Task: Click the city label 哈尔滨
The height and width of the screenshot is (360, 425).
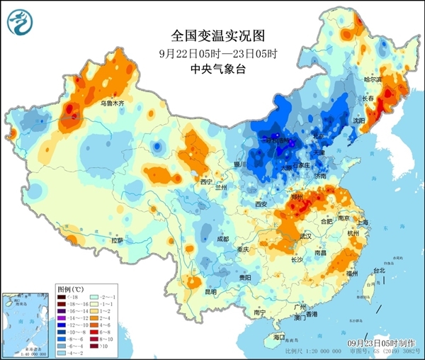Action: tap(373, 80)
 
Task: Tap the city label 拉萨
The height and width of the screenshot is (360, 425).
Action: tap(117, 240)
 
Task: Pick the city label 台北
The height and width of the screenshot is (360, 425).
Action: tap(379, 270)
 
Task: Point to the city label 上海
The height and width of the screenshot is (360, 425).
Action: tap(363, 222)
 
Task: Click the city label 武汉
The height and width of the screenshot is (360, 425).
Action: tap(306, 235)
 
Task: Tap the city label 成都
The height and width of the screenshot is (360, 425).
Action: tap(222, 239)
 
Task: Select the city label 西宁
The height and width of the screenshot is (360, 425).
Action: tap(206, 182)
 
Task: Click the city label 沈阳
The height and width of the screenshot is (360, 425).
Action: tap(358, 121)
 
